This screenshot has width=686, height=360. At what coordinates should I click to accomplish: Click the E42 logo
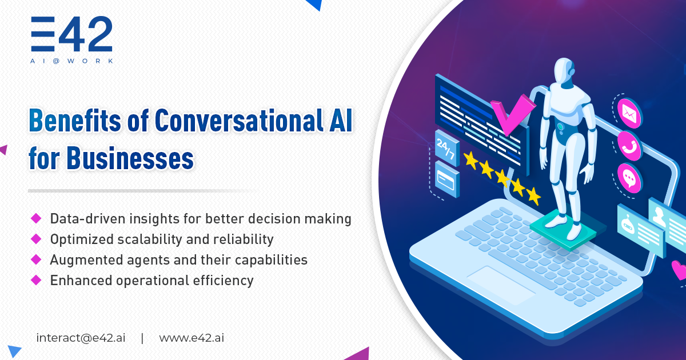tap(71, 35)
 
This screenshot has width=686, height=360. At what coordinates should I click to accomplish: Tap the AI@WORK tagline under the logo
tap(72, 61)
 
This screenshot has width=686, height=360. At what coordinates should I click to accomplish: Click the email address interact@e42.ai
tap(81, 337)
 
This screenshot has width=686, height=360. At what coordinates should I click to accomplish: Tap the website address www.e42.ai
tap(192, 337)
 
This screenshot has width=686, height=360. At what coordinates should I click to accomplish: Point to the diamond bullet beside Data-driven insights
tap(37, 218)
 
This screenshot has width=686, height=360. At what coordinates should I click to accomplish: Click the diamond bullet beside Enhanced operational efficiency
tap(37, 280)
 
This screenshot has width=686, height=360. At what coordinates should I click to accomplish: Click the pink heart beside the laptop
tap(679, 269)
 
